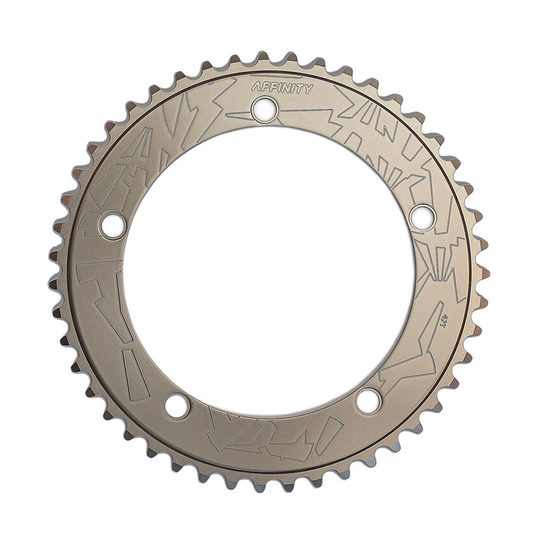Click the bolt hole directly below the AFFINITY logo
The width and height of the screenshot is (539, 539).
(265, 108)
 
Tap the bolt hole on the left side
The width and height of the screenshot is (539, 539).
(113, 225)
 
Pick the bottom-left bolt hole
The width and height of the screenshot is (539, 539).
(177, 406)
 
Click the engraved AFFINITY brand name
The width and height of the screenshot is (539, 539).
(282, 88)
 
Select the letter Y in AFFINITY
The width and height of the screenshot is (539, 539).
(308, 89)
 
